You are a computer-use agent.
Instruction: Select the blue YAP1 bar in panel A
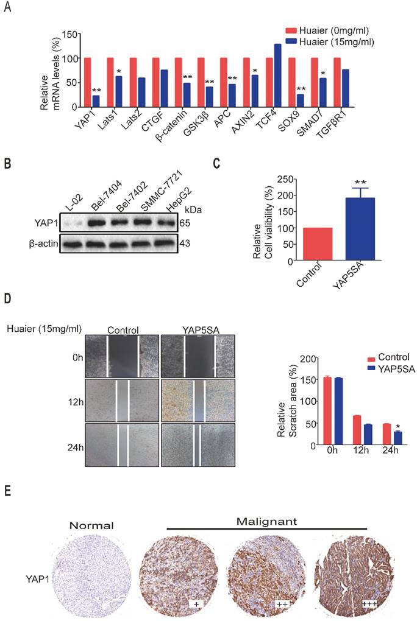pyautogui.click(x=96, y=101)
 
